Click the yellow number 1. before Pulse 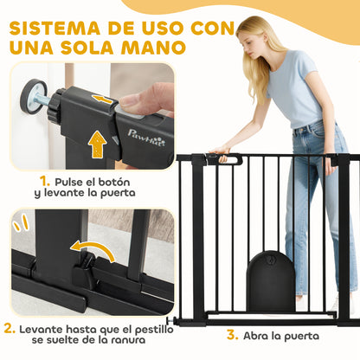46,182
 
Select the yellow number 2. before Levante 9,330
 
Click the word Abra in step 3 260,334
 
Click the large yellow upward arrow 97,144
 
